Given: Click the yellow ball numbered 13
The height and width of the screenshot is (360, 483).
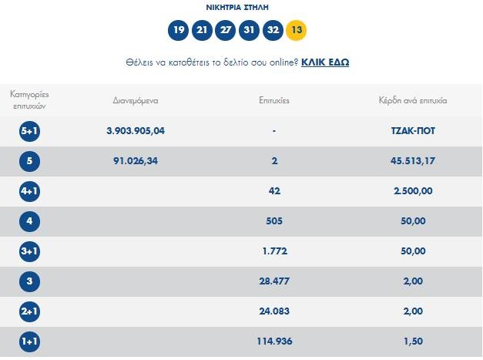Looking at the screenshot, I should coord(296,31).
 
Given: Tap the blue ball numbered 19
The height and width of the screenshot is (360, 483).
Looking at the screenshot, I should coord(179,31).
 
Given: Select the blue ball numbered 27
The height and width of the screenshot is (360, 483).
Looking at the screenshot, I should coord(226,31).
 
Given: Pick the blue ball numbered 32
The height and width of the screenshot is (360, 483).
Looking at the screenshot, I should coord(273,31).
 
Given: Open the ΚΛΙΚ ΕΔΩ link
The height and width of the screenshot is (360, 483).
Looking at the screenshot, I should coord(325,62).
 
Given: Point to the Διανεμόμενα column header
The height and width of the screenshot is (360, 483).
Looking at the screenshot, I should coord(136,101).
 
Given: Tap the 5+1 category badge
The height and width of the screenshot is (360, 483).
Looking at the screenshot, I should coord(29,132).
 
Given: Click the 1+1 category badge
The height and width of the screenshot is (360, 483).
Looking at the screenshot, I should coord(29,341).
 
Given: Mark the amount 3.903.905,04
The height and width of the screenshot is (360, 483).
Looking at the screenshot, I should coord(136,131).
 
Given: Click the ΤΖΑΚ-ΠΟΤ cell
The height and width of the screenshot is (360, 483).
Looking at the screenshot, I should coord(408,131).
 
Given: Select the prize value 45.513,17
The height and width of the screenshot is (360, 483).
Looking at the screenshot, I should coord(408,161).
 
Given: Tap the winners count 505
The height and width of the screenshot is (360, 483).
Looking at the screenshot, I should coord(275,221).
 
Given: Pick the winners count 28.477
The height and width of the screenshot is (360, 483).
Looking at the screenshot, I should coord(275,281).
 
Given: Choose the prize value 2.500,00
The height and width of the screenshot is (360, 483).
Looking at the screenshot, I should coord(408,191).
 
